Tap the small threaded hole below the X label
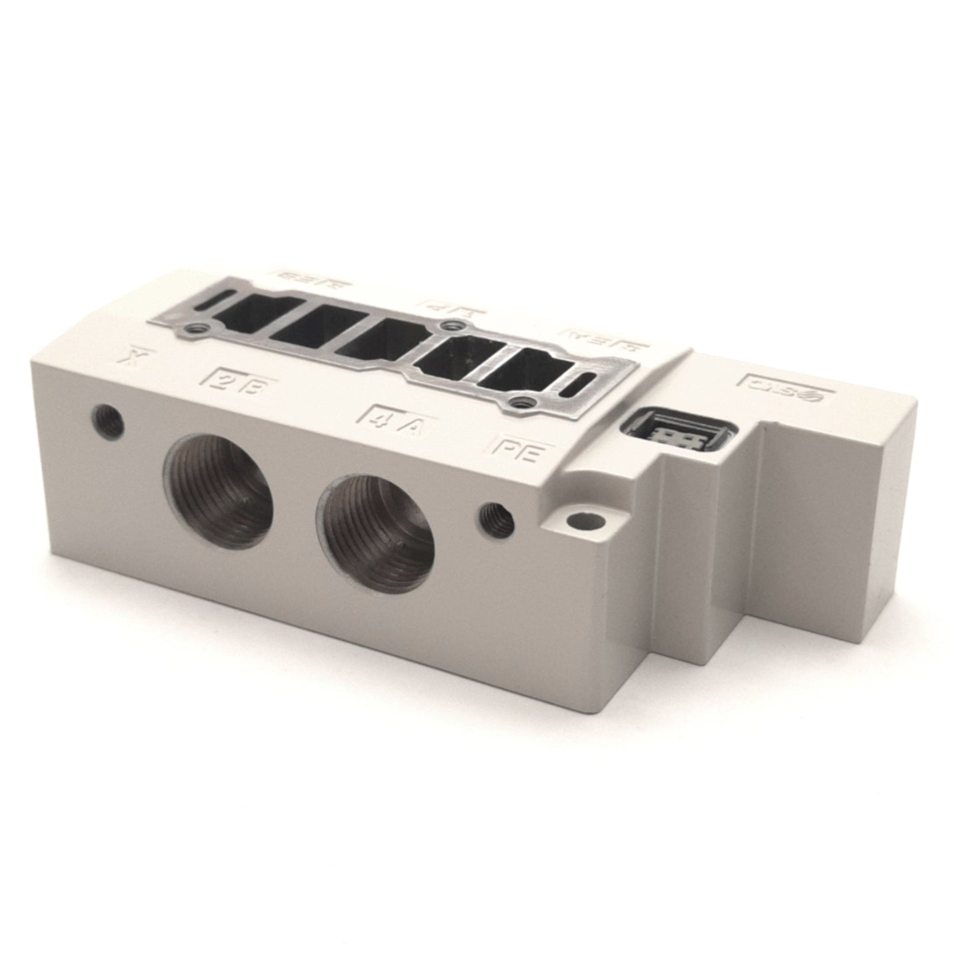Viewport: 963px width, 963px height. click(x=107, y=420)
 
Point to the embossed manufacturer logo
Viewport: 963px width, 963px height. click(x=783, y=390)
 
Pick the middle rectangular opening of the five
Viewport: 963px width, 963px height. click(x=378, y=339)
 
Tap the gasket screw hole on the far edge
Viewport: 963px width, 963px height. click(x=455, y=326)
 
